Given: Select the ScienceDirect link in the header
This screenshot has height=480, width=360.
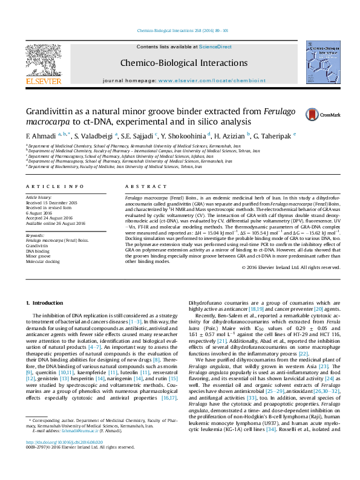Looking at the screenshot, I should click(x=215, y=47).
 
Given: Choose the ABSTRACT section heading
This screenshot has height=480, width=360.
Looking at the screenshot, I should click(x=140, y=187).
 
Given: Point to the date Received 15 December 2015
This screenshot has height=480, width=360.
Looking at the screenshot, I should click(x=51, y=203).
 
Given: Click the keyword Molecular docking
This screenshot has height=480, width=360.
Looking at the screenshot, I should click(x=42, y=261).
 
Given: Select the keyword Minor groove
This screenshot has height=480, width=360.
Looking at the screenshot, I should click(x=38, y=256).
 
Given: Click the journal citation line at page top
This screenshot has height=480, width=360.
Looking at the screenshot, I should click(x=180, y=30).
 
